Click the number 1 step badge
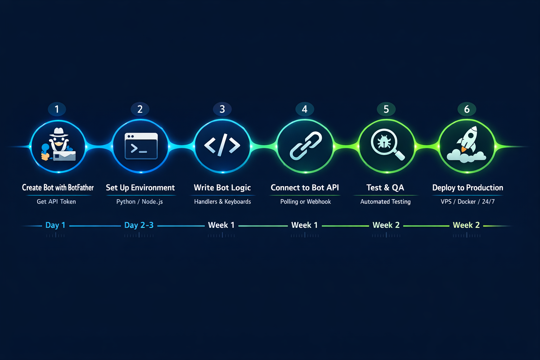(57, 109)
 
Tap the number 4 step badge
(305, 109)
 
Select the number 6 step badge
(467, 109)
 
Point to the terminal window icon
(141, 146)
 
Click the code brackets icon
(222, 145)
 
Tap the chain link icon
(306, 146)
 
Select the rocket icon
(468, 139)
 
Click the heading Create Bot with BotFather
(58, 188)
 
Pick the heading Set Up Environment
(140, 188)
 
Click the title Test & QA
(385, 188)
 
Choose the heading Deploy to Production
(468, 188)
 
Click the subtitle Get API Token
(56, 201)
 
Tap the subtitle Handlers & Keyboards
(223, 201)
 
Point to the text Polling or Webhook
(306, 201)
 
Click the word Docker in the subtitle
(467, 201)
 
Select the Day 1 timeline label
(56, 225)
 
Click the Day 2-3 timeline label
(139, 225)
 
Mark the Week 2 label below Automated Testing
(386, 225)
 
